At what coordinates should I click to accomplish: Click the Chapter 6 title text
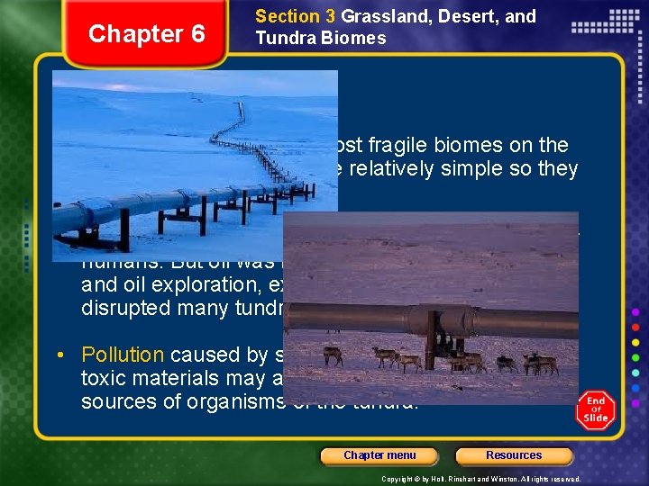(x=146, y=34)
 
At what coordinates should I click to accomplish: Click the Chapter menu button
(x=379, y=455)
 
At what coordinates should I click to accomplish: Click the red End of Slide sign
(x=596, y=410)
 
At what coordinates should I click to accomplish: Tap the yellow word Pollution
(x=123, y=355)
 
